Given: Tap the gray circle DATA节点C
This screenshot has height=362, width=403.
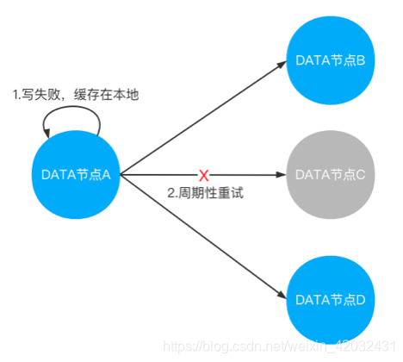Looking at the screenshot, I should pyautogui.click(x=331, y=174).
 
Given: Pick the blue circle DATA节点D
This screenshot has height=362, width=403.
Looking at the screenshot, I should pyautogui.click(x=331, y=298).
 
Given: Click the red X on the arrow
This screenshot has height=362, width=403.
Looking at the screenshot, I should pyautogui.click(x=204, y=175).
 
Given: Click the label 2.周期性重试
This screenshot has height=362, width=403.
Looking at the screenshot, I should pyautogui.click(x=206, y=193).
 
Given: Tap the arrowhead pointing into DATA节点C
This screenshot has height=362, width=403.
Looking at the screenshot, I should pyautogui.click(x=282, y=175).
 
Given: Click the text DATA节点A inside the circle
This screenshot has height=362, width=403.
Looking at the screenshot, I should pyautogui.click(x=76, y=174).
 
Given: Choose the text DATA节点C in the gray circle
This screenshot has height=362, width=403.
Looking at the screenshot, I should pyautogui.click(x=331, y=174).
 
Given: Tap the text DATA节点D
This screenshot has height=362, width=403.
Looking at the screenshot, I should pyautogui.click(x=331, y=298).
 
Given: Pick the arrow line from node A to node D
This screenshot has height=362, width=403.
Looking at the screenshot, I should pyautogui.click(x=202, y=235).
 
